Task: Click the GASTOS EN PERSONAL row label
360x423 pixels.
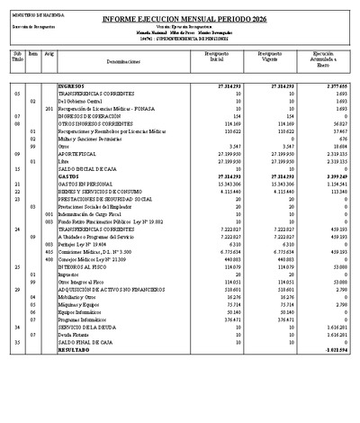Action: pyautogui.click(x=87, y=183)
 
